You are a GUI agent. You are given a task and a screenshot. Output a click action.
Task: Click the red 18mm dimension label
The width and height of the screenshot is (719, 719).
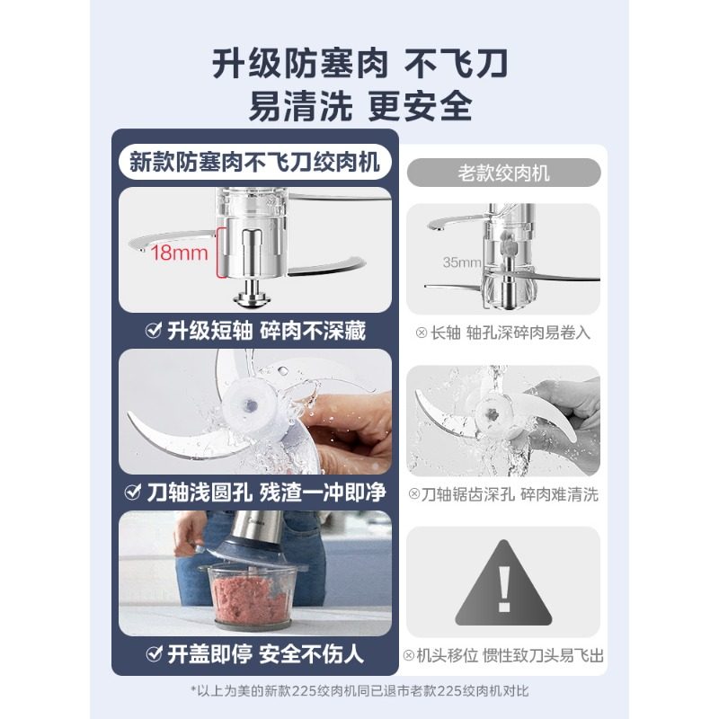tap(179, 253)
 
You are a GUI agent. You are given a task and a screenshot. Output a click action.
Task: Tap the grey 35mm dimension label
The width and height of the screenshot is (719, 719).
tap(462, 262)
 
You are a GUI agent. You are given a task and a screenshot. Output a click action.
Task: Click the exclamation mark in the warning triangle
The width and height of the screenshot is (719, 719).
tap(504, 590)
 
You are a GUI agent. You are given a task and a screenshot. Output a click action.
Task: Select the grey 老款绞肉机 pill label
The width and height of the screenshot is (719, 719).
tap(503, 173)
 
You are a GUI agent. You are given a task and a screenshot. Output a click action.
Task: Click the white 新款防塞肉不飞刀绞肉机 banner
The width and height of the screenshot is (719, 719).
tap(254, 162)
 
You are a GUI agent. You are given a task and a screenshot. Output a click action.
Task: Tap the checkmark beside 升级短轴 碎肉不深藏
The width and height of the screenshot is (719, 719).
tap(153, 330)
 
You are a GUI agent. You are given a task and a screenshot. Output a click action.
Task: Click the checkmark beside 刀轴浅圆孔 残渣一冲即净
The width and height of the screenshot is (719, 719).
tap(132, 492)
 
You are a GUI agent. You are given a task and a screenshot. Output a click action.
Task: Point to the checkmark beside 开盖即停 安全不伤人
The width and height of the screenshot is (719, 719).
tap(154, 654)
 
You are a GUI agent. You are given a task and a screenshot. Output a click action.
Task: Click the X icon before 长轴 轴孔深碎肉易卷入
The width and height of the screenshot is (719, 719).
tap(421, 333)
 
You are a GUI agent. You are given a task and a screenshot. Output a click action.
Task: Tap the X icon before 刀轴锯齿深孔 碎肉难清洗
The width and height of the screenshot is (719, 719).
tap(413, 493)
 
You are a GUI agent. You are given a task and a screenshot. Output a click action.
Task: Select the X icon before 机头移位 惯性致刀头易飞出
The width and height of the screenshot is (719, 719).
tap(409, 655)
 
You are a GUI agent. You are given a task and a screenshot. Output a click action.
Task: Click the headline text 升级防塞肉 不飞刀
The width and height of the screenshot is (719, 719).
tap(360, 64)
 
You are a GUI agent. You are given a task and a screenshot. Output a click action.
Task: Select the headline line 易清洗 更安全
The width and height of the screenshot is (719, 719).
tap(360, 106)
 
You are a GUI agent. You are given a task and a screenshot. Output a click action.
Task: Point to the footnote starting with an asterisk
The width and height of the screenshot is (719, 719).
tap(359, 691)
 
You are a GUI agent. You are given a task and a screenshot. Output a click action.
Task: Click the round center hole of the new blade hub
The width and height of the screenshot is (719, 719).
tap(251, 405)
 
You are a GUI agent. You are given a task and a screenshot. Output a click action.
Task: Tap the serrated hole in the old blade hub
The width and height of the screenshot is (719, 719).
tap(493, 414)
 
